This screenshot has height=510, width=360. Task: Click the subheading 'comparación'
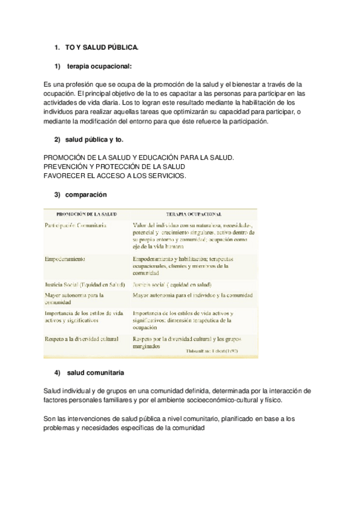click(x=86, y=194)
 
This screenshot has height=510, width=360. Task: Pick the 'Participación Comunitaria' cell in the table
click(x=76, y=226)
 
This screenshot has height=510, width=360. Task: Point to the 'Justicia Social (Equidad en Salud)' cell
click(x=85, y=284)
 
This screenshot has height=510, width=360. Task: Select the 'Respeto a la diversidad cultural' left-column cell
click(x=82, y=339)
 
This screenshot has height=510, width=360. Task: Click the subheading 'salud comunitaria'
click(x=96, y=372)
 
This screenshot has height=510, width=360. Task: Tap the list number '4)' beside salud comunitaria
click(x=58, y=372)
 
